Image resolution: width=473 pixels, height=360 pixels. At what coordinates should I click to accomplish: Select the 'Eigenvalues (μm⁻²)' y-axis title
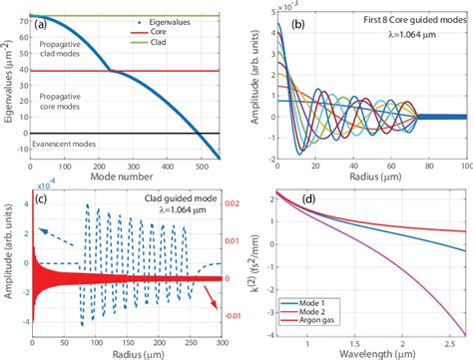(x=11, y=84)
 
